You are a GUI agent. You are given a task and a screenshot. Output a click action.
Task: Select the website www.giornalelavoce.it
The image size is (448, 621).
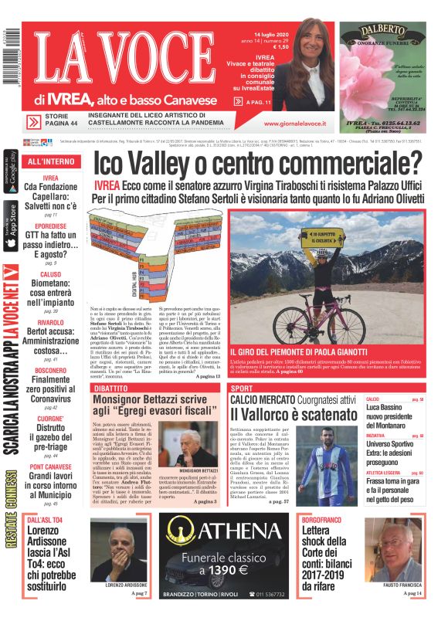294,124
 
